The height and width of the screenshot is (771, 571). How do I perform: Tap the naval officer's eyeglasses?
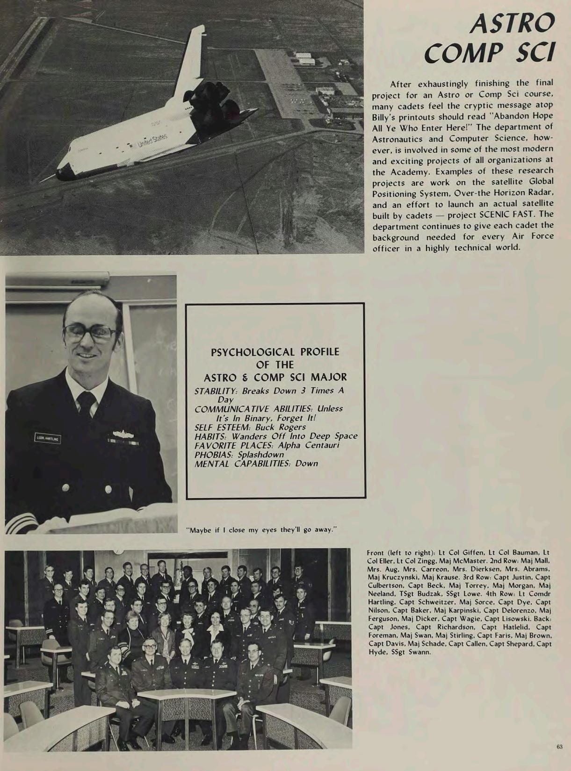click(90, 332)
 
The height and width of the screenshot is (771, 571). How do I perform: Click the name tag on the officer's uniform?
click(47, 438)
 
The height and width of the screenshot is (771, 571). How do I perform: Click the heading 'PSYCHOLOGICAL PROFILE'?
click(275, 352)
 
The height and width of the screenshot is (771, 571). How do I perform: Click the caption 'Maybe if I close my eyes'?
click(261, 530)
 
